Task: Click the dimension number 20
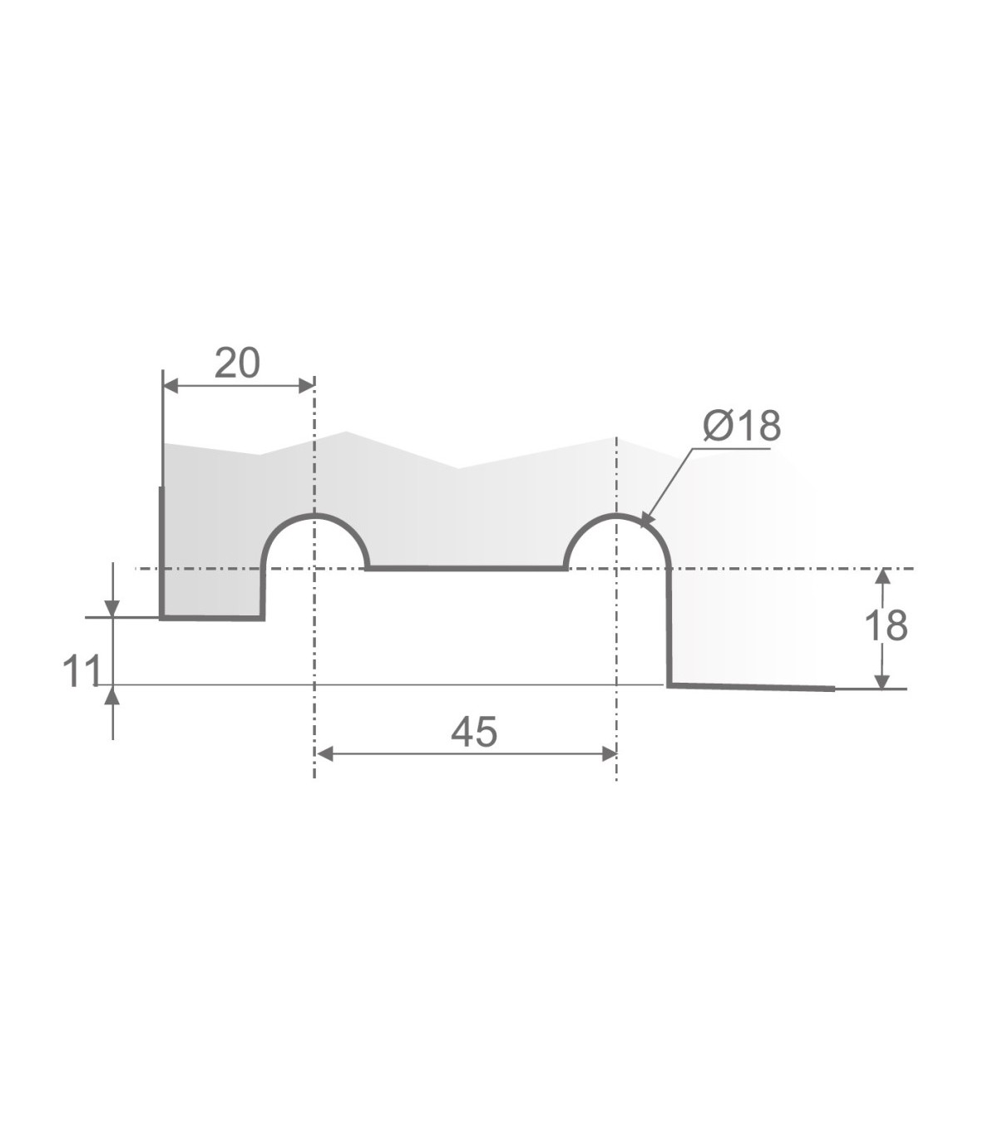pos(237,363)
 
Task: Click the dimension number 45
pos(473,732)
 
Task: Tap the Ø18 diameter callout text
pos(741,426)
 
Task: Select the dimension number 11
pos(82,671)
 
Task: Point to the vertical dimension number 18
pos(886,626)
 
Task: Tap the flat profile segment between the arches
pos(466,569)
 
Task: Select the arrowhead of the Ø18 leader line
pos(646,521)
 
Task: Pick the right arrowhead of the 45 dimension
pos(608,753)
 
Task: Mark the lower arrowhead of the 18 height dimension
pos(883,680)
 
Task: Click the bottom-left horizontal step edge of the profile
pos(212,618)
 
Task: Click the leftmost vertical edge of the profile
pos(161,553)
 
